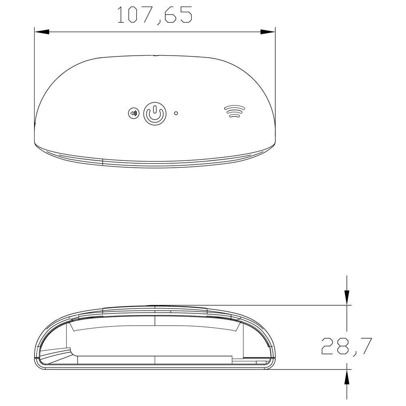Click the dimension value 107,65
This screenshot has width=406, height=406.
click(x=154, y=15)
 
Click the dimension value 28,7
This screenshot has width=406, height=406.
click(x=346, y=346)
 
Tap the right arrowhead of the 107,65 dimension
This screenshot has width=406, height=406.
click(x=268, y=31)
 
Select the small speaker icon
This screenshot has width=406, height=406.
click(x=133, y=113)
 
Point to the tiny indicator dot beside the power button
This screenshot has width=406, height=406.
click(x=176, y=113)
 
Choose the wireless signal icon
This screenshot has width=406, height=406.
click(x=235, y=111)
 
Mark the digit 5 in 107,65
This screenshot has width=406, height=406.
click(x=186, y=15)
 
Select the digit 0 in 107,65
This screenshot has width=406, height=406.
click(x=132, y=15)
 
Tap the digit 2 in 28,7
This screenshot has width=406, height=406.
click(x=328, y=346)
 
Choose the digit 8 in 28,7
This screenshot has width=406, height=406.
click(x=343, y=346)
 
